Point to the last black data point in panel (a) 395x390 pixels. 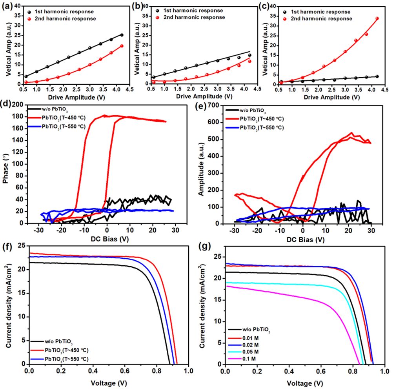point(122,35)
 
